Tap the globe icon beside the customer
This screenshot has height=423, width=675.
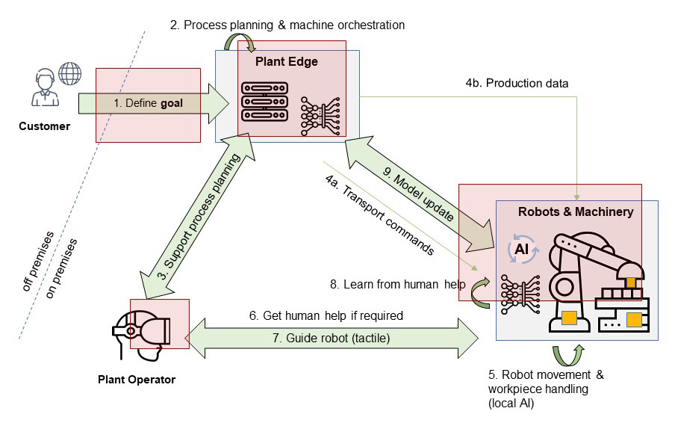[x=69, y=74]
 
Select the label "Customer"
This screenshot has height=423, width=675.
[x=44, y=126]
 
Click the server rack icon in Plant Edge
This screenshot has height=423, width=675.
[x=265, y=105]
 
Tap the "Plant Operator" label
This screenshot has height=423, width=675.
[x=137, y=380]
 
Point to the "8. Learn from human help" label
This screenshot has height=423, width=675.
[x=398, y=284]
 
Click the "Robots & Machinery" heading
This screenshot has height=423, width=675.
[x=575, y=211]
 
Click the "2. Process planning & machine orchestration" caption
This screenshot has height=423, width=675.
[x=287, y=25]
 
